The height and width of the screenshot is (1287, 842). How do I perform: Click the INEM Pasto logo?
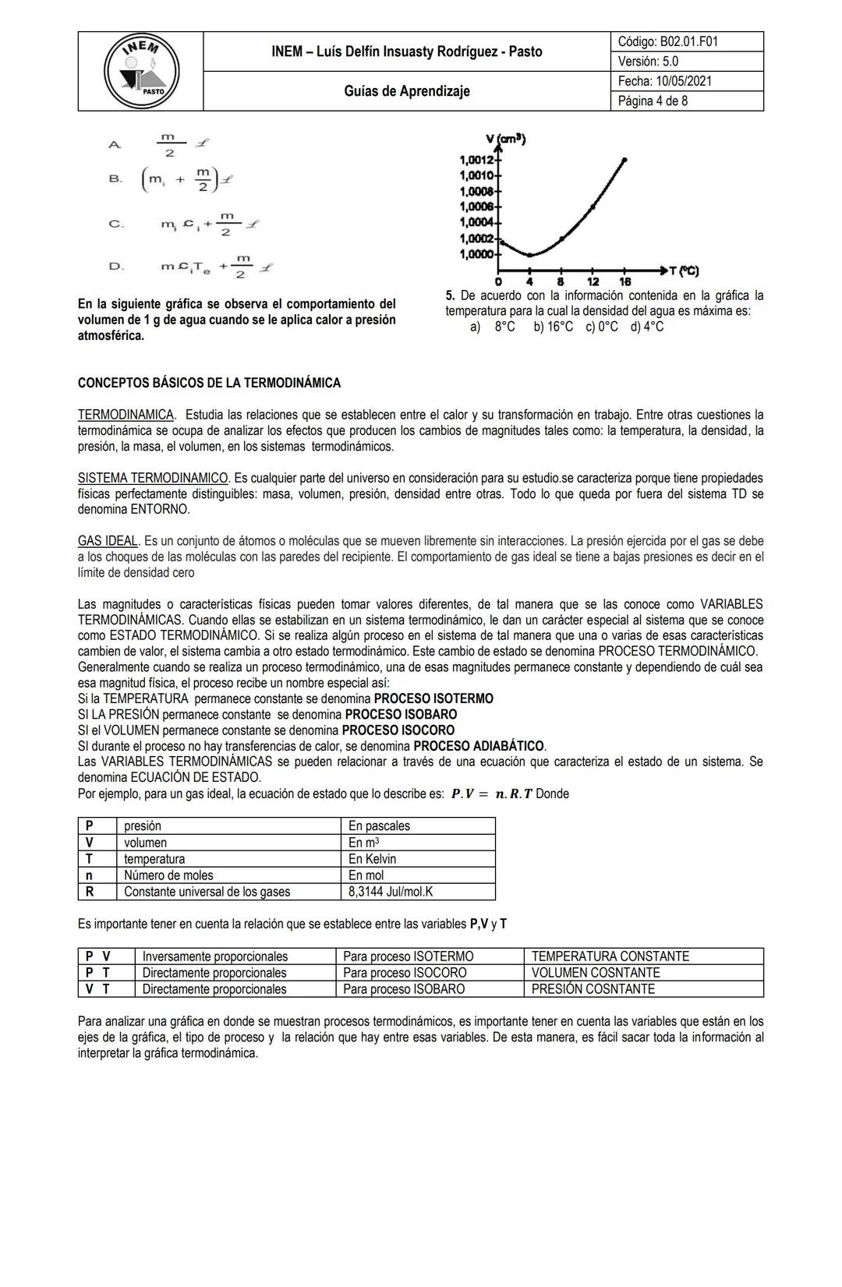click(x=141, y=71)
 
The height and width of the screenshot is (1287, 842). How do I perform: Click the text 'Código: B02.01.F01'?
click(x=667, y=41)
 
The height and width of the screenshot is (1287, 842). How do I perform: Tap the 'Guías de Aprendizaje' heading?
click(x=407, y=91)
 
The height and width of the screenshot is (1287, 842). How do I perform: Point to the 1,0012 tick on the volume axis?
click(x=477, y=159)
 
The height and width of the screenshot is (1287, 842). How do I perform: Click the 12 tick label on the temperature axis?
click(x=593, y=281)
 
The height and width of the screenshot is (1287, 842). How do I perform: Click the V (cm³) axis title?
click(x=505, y=140)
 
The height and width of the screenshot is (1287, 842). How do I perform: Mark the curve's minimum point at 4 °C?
click(x=530, y=255)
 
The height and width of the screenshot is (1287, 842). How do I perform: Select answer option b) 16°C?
click(x=553, y=327)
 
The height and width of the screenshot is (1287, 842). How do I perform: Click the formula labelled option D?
click(x=217, y=267)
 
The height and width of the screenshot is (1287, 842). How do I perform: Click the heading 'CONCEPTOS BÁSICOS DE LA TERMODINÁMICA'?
click(x=209, y=384)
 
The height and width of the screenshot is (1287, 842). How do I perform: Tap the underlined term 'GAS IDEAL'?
click(x=108, y=541)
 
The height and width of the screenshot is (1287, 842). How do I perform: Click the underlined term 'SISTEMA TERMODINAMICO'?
click(x=154, y=478)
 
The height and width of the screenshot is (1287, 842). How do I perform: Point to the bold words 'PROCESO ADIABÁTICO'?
click(x=479, y=746)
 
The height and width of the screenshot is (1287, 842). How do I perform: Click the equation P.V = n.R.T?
click(x=491, y=794)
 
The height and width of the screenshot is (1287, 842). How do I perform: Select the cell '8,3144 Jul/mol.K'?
click(x=390, y=892)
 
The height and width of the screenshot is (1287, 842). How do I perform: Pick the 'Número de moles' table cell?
click(x=168, y=875)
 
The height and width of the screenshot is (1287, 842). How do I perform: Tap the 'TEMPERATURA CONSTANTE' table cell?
click(x=610, y=956)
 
